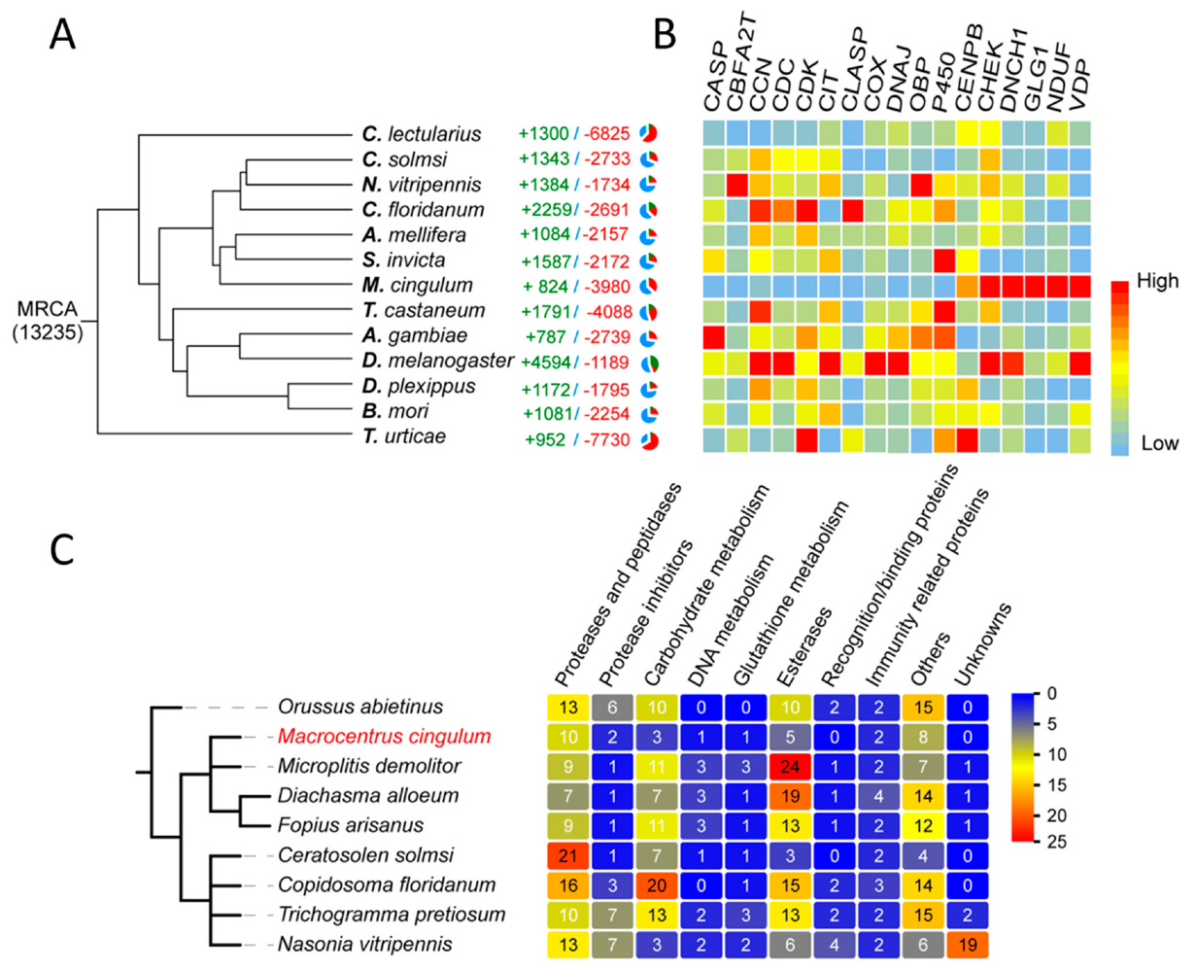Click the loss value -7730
[x=607, y=439]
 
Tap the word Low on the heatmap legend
[x=1160, y=443]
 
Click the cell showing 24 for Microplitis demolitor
[x=790, y=767]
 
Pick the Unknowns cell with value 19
[x=969, y=944]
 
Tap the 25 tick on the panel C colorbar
[x=1056, y=842]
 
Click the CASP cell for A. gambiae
[x=714, y=337]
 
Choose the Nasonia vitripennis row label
[x=364, y=944]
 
